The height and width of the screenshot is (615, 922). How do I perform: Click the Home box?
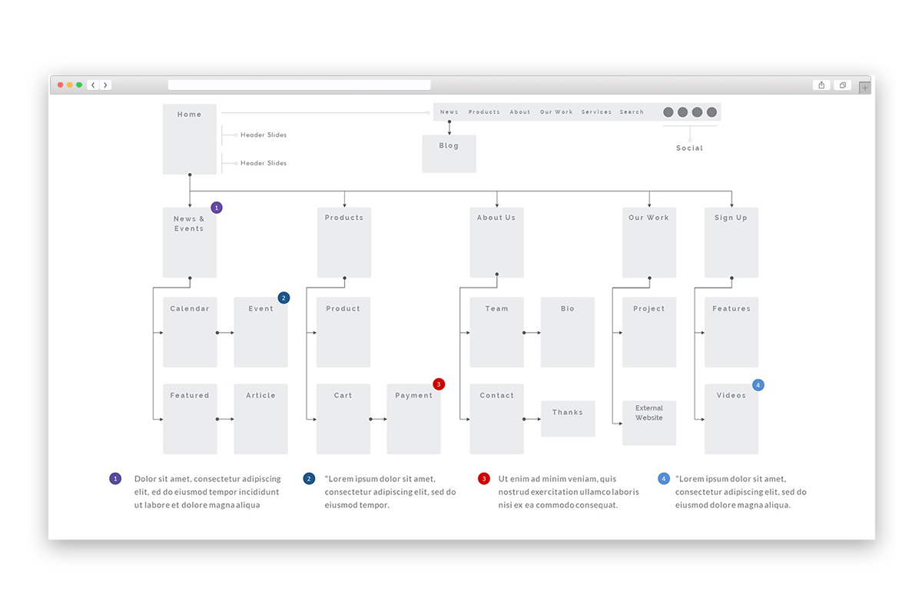pos(189,139)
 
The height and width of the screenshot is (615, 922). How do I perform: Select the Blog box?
pos(449,154)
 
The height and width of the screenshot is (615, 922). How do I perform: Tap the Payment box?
pos(413,419)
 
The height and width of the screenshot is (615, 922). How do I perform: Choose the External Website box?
pos(649,423)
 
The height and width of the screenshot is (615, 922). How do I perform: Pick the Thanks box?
pos(568,418)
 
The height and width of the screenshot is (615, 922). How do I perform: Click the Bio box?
pos(567,332)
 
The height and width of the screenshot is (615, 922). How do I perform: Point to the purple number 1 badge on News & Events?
pos(217,208)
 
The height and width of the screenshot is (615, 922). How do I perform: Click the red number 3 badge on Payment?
pos(439,384)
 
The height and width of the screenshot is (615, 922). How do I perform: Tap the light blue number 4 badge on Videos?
pos(758,385)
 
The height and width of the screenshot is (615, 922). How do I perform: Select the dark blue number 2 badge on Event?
pos(284,298)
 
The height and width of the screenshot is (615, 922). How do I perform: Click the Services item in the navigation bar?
pos(596,112)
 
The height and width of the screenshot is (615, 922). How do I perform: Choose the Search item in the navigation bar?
pos(632,112)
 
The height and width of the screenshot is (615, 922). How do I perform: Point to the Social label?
pos(689,148)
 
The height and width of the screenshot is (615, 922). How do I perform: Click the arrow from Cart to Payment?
pos(378,419)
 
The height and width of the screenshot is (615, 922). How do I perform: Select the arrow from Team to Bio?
pos(532,332)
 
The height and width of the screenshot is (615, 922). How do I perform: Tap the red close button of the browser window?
pos(61,85)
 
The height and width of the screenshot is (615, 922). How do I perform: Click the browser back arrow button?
pos(93,85)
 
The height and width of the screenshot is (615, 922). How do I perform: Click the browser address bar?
pos(299,85)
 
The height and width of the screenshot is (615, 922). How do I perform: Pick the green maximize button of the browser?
pos(79,85)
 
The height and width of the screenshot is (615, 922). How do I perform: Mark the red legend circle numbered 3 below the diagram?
pos(484,479)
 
